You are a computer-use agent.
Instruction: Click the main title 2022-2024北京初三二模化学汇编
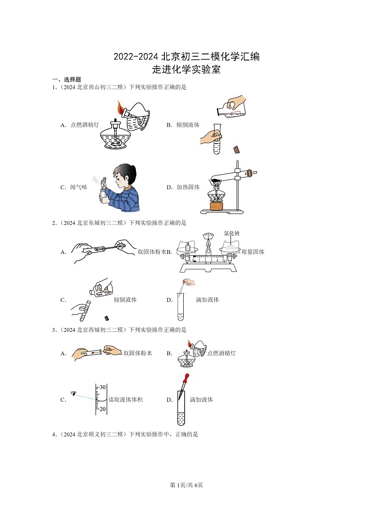pos(186,57)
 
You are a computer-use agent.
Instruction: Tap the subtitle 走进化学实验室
pos(186,70)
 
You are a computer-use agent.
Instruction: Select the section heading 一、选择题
pos(66,80)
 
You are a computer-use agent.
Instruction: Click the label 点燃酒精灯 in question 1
pos(84,125)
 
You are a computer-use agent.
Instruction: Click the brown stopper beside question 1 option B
pos(237,150)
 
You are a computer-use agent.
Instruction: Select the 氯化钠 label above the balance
pos(231,233)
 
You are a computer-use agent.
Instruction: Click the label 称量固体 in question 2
pos(253,252)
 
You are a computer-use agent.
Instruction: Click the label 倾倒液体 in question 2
pos(125,300)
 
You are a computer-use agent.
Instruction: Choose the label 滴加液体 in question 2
pos(207,300)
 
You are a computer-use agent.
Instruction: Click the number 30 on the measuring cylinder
pos(102,387)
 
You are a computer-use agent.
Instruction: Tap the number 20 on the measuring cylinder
pos(102,409)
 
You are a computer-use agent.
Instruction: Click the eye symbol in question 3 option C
pos(73,393)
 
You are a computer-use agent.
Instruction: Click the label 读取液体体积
pos(125,400)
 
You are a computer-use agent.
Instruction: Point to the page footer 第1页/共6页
pos(186,485)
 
